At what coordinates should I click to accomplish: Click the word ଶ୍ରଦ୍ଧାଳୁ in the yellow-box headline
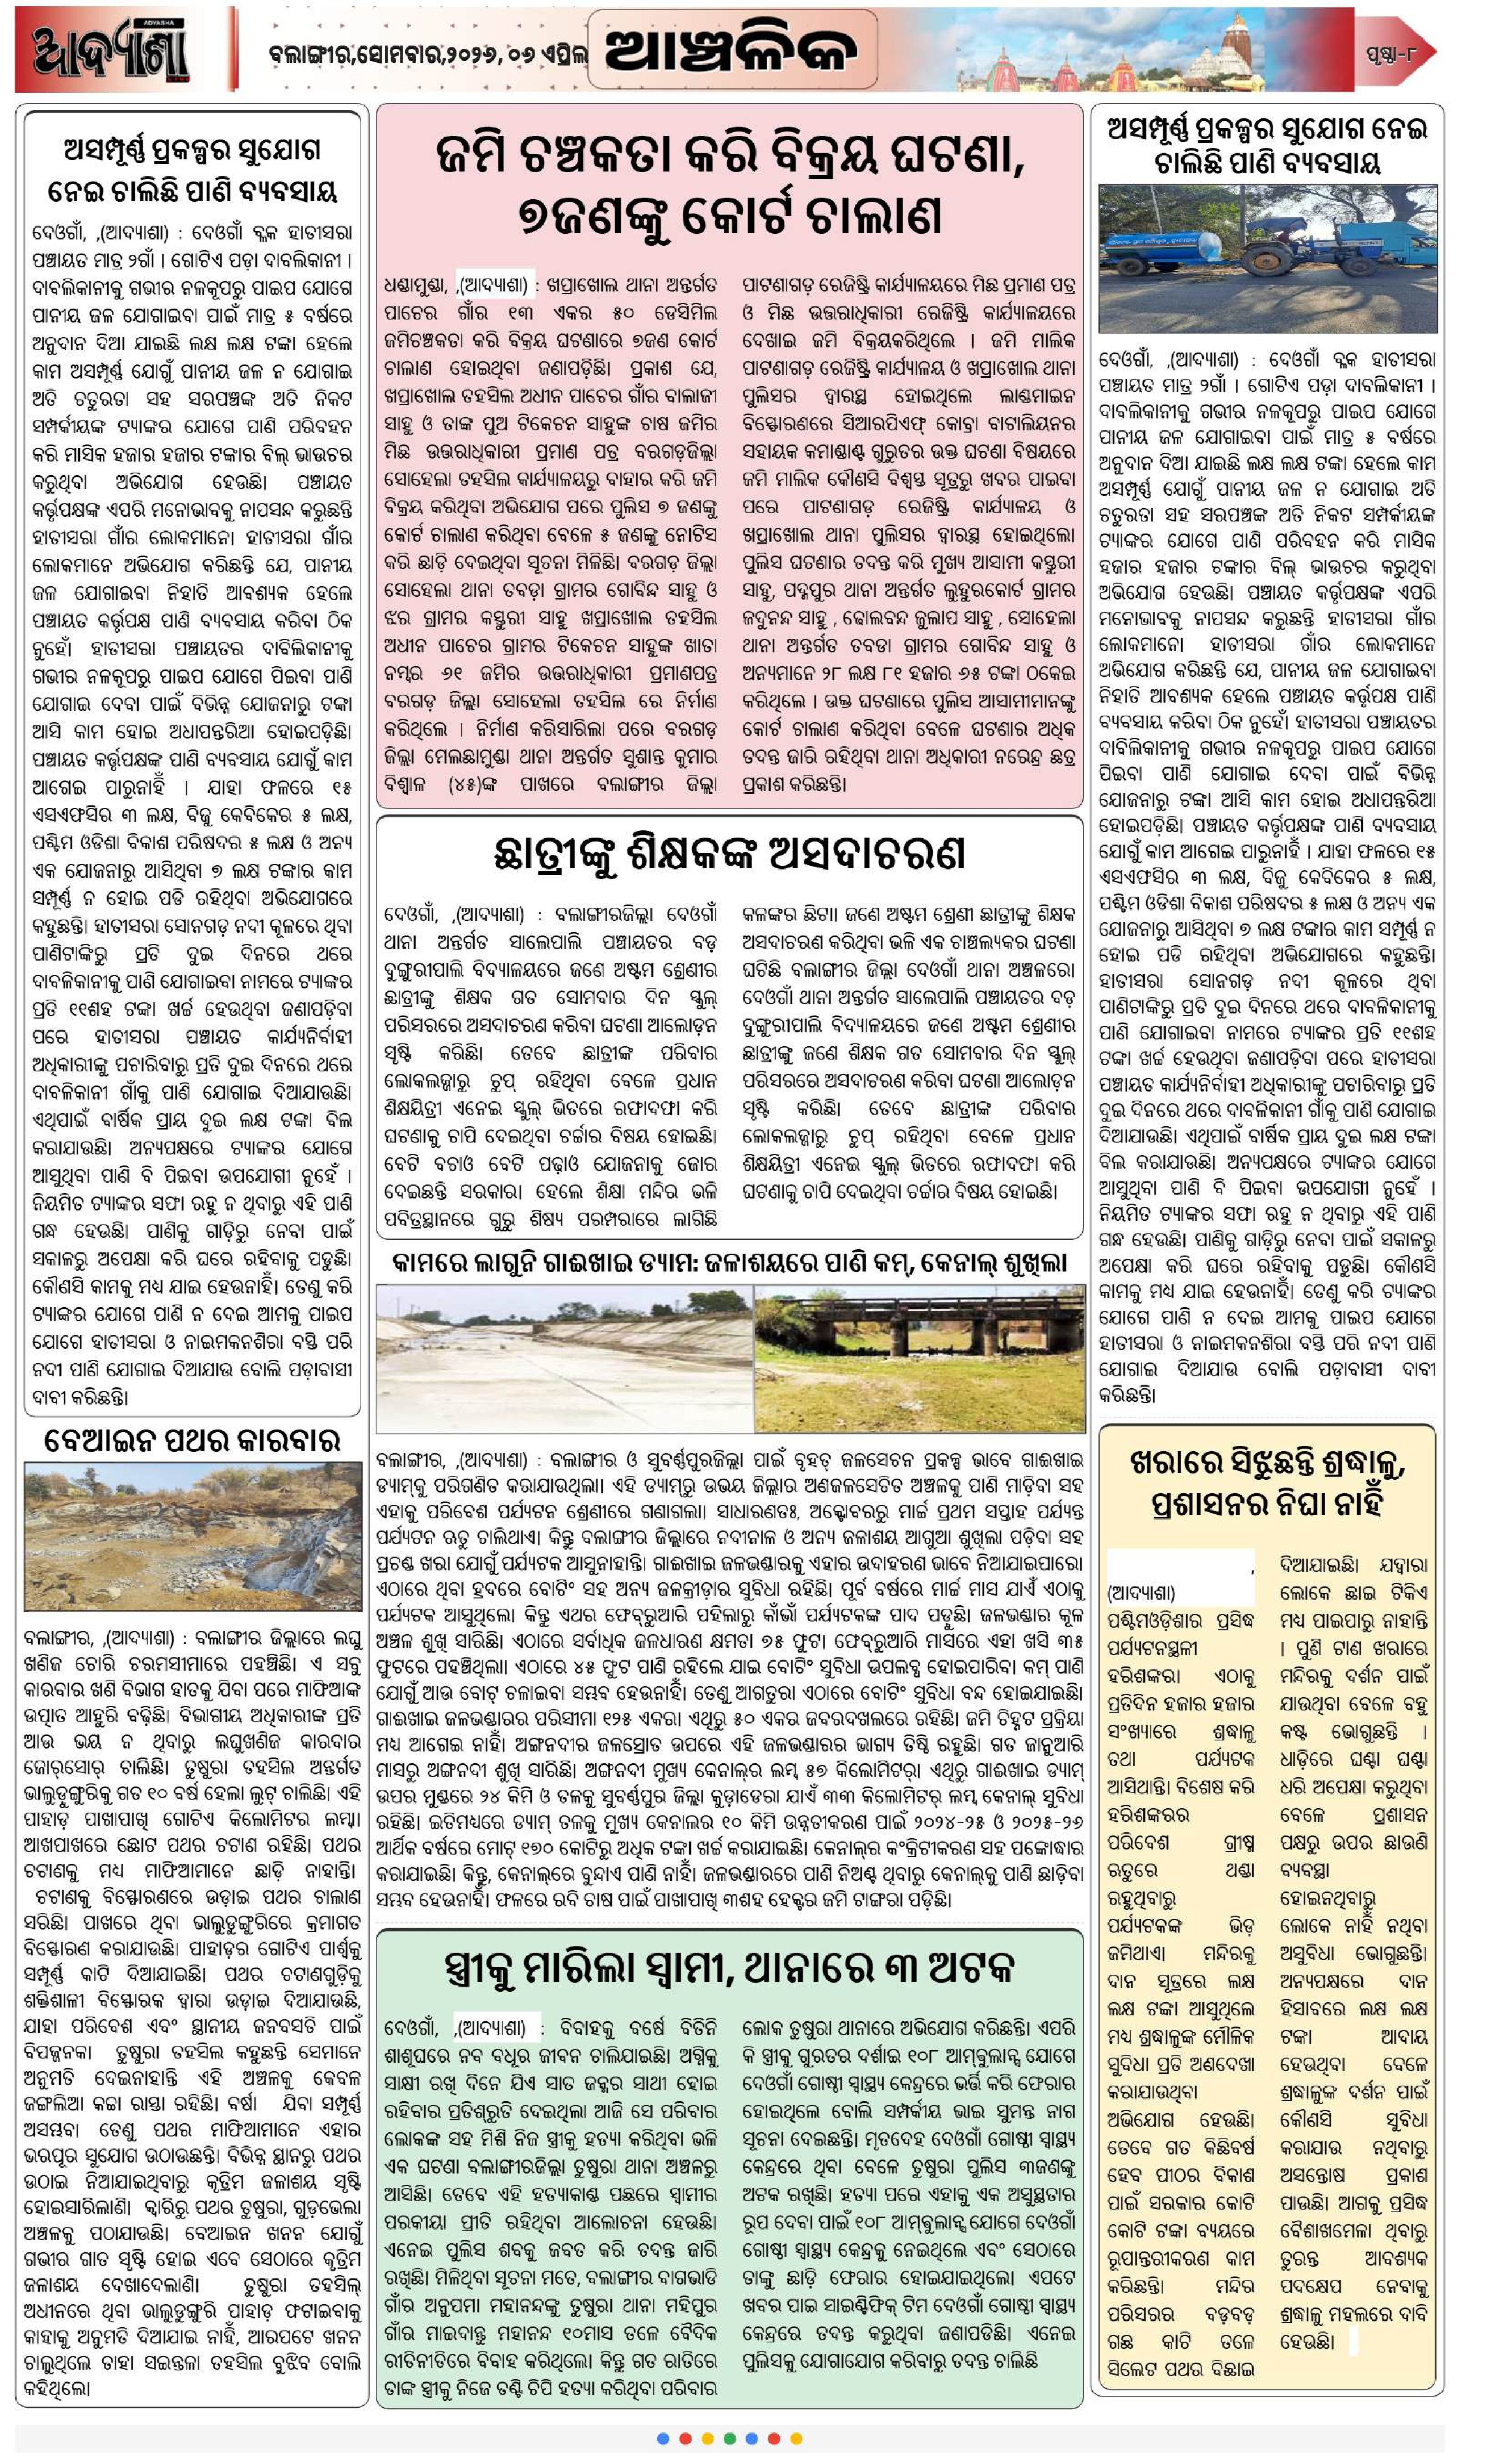1352,1464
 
